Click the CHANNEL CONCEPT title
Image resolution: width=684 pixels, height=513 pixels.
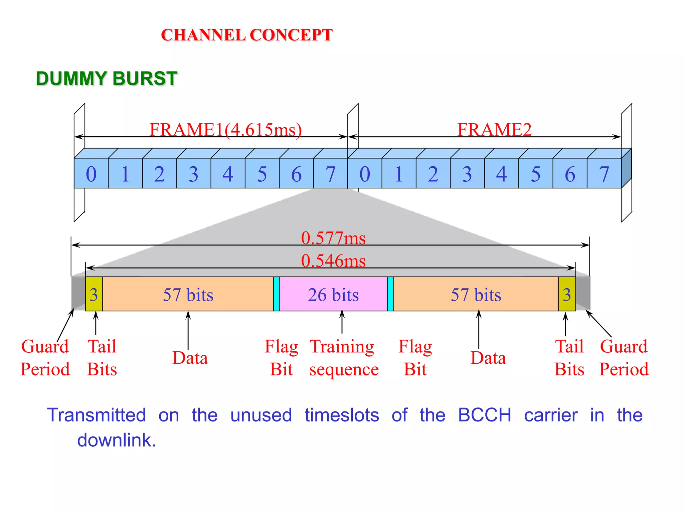pyautogui.click(x=246, y=35)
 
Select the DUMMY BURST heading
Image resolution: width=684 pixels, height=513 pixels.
pyautogui.click(x=106, y=78)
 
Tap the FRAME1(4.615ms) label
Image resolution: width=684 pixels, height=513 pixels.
pyautogui.click(x=225, y=130)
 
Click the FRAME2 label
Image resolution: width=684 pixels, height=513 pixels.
pyautogui.click(x=494, y=130)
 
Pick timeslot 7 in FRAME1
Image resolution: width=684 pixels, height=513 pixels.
pyautogui.click(x=330, y=174)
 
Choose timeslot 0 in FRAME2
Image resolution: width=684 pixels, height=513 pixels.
pyautogui.click(x=365, y=174)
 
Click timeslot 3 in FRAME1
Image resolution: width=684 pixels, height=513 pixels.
pyautogui.click(x=193, y=174)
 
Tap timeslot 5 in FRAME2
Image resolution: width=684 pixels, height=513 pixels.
pyautogui.click(x=535, y=174)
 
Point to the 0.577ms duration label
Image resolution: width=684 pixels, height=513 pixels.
pyautogui.click(x=333, y=238)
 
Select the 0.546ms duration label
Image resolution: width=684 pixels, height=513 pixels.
pyautogui.click(x=333, y=261)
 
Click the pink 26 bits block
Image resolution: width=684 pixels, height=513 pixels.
pyautogui.click(x=333, y=294)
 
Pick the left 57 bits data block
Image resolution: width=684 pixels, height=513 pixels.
pyautogui.click(x=188, y=294)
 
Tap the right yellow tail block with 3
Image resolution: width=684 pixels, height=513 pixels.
pyautogui.click(x=567, y=294)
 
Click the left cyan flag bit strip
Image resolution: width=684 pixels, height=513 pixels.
pyautogui.click(x=276, y=294)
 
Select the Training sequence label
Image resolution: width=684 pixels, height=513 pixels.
pyautogui.click(x=343, y=358)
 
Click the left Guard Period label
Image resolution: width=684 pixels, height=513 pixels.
pyautogui.click(x=45, y=358)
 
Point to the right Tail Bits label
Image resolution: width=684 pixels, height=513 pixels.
pyautogui.click(x=569, y=358)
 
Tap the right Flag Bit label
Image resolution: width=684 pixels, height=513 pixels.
pyautogui.click(x=415, y=358)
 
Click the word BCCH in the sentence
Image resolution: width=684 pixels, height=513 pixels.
pyautogui.click(x=484, y=415)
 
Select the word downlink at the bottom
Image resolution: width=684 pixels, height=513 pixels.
pyautogui.click(x=116, y=440)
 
